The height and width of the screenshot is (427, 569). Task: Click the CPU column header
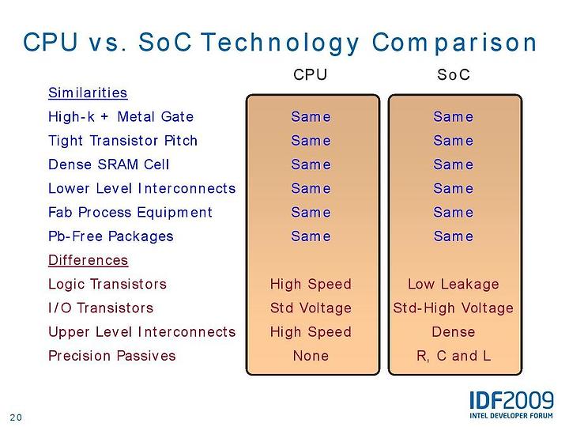pos(311,75)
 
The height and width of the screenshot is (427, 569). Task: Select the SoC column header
pos(454,75)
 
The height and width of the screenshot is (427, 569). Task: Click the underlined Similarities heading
pos(88,93)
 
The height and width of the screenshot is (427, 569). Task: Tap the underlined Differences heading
pos(89,260)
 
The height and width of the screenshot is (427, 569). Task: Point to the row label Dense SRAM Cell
pos(109,164)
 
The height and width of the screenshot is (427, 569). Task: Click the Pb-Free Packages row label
pos(111,236)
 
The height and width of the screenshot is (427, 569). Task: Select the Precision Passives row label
pos(111,356)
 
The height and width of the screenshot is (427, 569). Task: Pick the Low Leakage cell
pos(454,285)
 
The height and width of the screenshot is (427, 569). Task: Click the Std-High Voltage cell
pos(454,308)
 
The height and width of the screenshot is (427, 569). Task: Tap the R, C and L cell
pos(454,356)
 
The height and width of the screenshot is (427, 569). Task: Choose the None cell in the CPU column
pos(311,356)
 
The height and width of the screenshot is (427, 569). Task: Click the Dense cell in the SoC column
pos(454,332)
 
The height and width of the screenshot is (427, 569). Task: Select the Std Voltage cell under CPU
pos(311,308)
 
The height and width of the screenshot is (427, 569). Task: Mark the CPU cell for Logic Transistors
pos(311,285)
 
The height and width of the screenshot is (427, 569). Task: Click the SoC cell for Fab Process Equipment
pos(454,213)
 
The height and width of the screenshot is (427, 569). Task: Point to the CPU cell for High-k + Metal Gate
pos(311,117)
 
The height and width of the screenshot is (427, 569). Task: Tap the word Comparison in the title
pos(454,43)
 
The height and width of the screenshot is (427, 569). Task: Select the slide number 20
pos(16,418)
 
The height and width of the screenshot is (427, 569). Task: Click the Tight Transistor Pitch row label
pos(122,141)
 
